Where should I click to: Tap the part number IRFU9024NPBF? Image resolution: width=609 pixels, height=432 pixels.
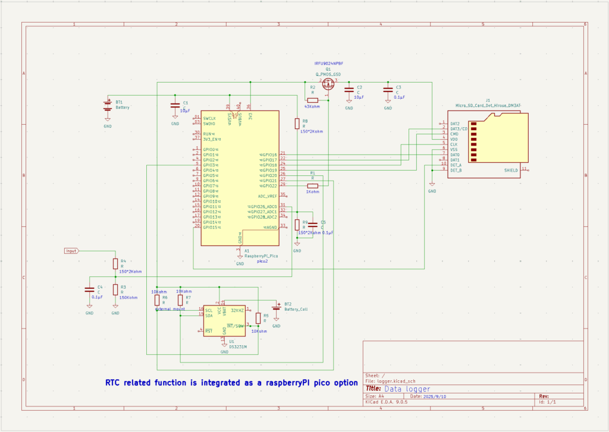pos(329,63)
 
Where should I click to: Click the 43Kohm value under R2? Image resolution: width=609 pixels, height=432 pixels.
pos(312,106)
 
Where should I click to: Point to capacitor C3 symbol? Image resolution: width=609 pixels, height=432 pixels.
pos(388,90)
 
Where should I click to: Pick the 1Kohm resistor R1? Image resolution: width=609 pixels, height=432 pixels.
pos(312,185)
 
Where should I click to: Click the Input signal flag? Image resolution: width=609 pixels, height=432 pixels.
pos(72,251)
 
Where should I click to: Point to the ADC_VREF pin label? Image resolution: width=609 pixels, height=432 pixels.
pos(268,196)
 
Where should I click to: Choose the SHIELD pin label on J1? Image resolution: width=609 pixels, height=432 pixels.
pos(511,171)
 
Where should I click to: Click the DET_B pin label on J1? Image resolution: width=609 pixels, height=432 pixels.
pos(456,171)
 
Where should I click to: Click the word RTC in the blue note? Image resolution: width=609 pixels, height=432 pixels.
pos(114,383)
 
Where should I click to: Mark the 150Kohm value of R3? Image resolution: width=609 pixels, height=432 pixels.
pos(128,297)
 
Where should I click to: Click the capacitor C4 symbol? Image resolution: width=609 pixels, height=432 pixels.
pos(89,289)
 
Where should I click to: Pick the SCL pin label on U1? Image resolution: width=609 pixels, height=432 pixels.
pos(209,310)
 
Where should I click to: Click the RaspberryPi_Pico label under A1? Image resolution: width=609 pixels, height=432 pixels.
pos(261,256)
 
